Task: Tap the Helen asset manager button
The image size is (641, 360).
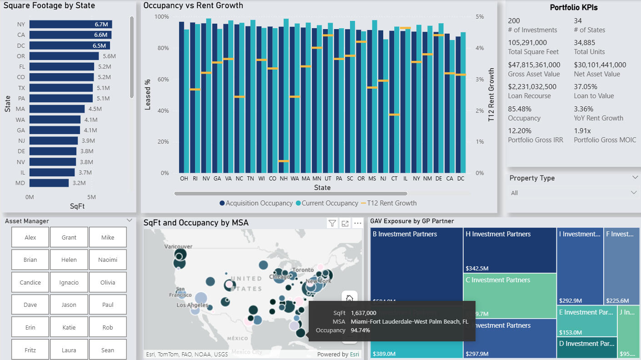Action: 69,260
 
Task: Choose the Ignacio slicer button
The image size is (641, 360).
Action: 69,282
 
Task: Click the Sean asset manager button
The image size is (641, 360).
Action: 108,350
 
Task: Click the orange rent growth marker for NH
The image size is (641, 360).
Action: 284,161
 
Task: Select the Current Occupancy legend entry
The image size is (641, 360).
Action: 330,203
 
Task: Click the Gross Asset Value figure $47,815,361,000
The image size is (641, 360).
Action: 534,65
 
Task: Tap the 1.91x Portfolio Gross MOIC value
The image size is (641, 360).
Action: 582,131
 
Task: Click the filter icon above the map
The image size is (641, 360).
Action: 332,223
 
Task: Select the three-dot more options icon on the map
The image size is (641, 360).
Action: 358,223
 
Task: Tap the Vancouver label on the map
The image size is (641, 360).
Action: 179,246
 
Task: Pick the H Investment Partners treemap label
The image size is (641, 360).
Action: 498,234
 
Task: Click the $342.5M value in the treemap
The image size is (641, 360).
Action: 477,268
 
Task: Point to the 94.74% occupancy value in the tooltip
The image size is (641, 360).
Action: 361,330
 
